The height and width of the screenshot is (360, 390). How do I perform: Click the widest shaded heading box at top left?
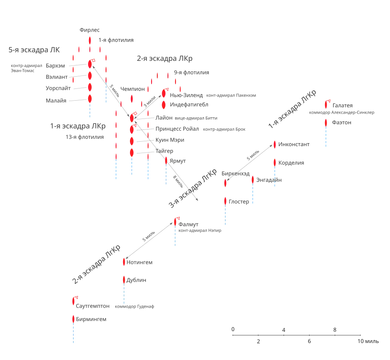34,50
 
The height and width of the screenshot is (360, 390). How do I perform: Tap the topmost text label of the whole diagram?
89,29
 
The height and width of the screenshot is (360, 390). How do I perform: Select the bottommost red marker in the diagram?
74,319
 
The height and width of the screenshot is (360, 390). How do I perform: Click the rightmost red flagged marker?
326,104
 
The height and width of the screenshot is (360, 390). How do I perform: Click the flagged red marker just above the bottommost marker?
74,300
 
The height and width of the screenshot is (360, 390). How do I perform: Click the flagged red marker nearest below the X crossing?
176,221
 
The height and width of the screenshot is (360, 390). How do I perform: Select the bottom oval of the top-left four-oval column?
90,99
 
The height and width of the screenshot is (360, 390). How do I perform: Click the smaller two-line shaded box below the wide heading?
26,67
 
